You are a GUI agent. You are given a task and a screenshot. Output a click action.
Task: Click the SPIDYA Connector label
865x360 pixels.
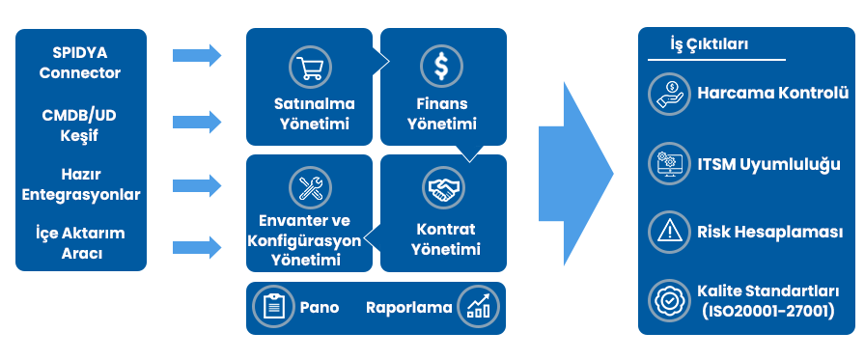coord(81,62)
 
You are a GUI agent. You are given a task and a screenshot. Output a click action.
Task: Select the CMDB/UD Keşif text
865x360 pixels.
coord(81,125)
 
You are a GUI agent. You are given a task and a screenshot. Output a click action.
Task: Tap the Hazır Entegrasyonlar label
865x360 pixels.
coord(81,184)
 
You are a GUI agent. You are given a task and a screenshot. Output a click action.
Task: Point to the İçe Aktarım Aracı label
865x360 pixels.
coord(81,243)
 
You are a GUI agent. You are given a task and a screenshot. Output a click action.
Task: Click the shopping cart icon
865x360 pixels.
coord(311,66)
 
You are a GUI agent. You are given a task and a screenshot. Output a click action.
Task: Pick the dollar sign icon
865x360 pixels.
coord(440,66)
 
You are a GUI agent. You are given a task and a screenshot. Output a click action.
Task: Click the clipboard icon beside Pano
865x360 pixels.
coord(273,306)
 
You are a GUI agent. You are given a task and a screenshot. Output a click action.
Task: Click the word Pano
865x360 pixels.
coord(320,307)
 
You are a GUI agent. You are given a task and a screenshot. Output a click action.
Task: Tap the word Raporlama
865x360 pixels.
coord(409,307)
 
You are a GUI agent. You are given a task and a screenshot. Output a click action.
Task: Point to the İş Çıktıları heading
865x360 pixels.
coord(709,44)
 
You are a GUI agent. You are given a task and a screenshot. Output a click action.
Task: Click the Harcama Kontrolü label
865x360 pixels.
coord(772,93)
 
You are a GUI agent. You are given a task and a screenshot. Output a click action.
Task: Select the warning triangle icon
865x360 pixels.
coord(667,231)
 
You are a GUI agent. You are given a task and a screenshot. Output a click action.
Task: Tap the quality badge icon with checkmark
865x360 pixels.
coord(667,300)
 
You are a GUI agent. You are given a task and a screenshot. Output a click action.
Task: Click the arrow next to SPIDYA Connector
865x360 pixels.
coord(197,55)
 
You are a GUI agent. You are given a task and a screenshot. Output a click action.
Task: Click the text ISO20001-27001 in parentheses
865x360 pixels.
coord(767,311)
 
